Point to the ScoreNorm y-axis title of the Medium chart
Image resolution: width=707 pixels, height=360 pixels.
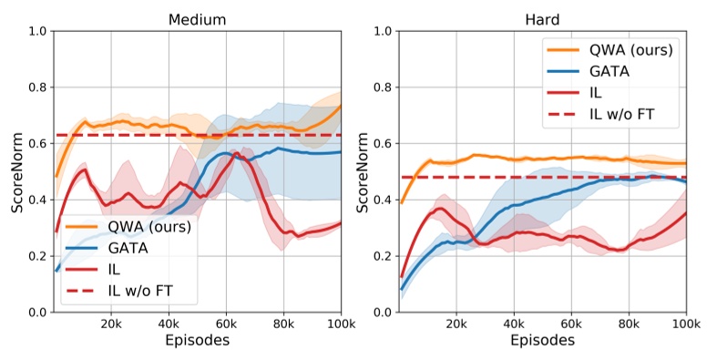click(x=15, y=171)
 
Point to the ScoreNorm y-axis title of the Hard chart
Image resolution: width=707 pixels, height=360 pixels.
click(x=361, y=171)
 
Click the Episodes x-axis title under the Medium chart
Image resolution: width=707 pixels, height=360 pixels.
click(x=197, y=341)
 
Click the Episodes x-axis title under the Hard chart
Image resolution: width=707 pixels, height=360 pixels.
click(x=542, y=341)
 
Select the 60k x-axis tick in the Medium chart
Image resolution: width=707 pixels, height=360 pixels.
click(x=226, y=323)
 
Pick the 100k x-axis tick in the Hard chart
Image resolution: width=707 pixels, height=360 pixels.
click(x=684, y=323)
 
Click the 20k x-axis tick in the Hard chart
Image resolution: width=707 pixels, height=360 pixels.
click(x=456, y=323)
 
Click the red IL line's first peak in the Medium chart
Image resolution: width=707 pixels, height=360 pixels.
click(x=84, y=170)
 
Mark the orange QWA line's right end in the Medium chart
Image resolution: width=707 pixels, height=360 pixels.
click(x=341, y=105)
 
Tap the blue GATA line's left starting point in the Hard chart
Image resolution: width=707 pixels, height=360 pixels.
click(x=401, y=289)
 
